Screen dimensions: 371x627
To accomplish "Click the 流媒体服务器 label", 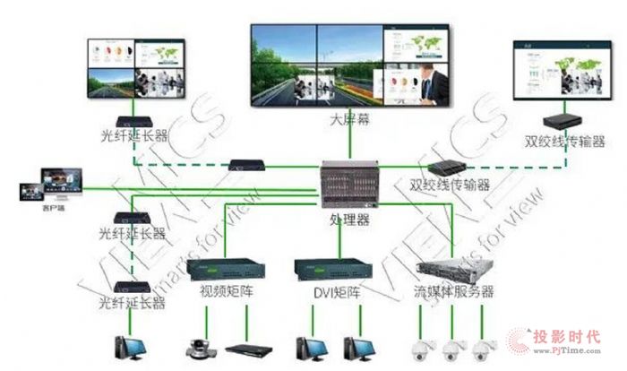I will point(455,292).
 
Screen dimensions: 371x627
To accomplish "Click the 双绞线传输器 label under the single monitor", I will point(564,141).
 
